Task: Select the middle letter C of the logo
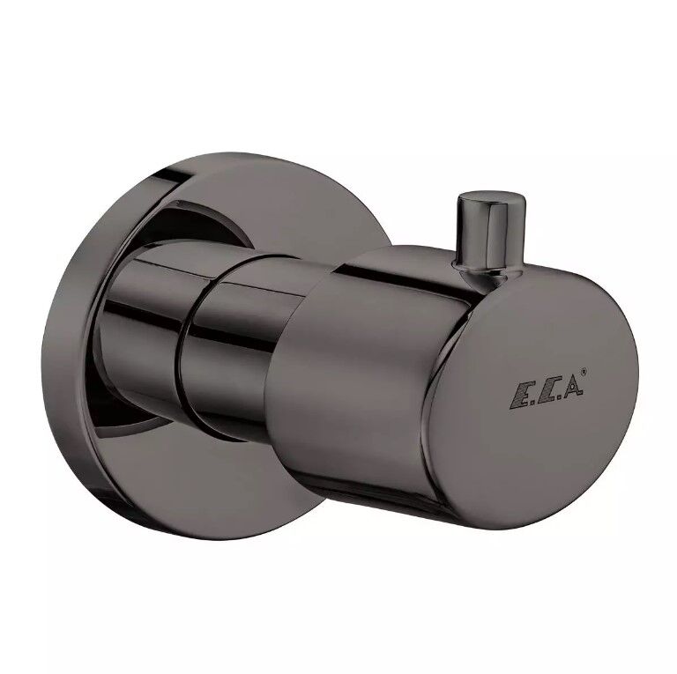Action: (x=546, y=395)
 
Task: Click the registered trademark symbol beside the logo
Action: (x=585, y=371)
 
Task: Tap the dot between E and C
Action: (x=532, y=405)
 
